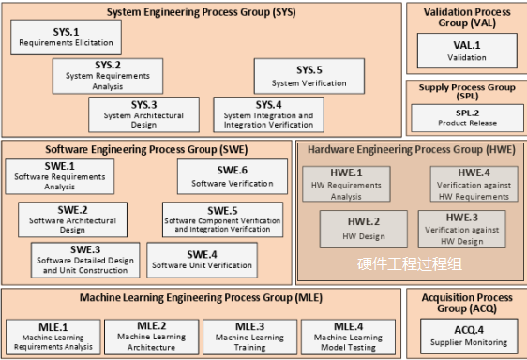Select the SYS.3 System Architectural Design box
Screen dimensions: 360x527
143,114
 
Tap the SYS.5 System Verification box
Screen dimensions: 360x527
309,76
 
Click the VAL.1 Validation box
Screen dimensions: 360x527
466,51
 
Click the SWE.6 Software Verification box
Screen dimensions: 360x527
232,176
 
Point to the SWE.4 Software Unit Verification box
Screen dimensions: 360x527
203,260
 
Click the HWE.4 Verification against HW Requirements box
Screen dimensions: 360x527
474,184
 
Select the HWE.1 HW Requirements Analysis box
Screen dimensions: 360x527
346,184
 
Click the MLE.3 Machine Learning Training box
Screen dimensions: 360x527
249,337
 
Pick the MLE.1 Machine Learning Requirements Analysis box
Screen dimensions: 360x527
52,337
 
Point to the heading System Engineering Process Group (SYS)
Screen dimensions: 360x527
201,13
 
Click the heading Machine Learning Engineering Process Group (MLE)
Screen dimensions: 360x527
200,298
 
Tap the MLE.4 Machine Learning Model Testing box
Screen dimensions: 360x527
347,337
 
